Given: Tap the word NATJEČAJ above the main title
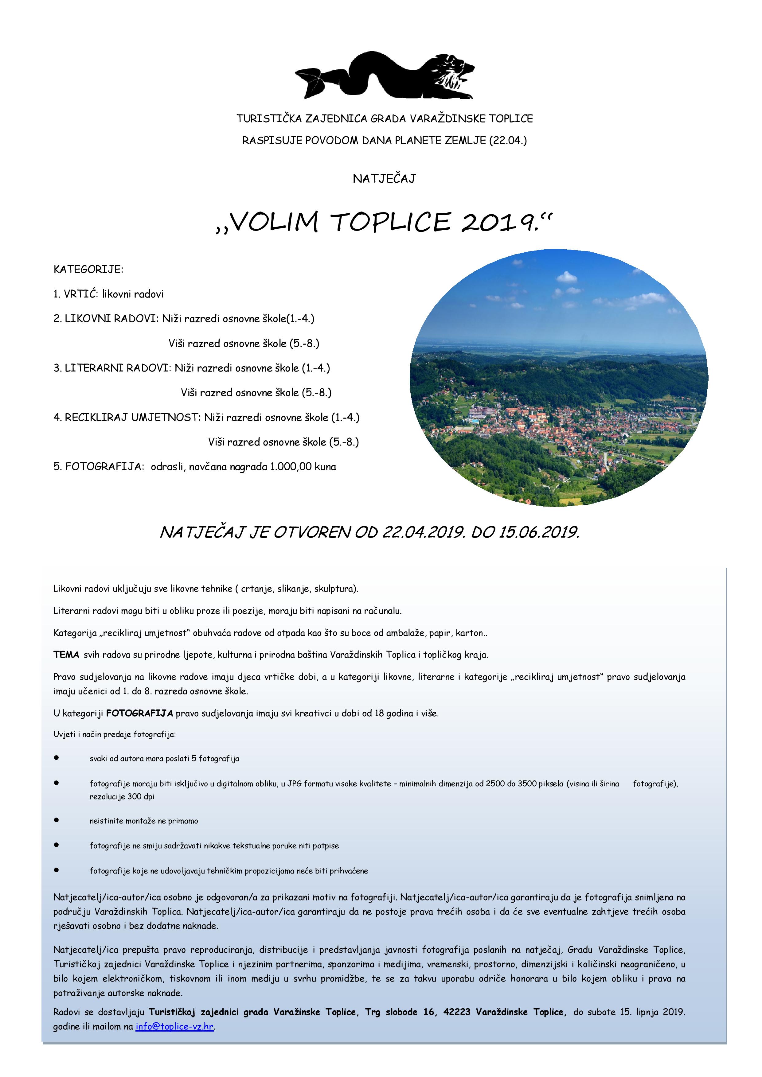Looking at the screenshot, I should (384, 179).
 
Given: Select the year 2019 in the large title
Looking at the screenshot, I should (498, 222).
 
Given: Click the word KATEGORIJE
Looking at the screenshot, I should (88, 270).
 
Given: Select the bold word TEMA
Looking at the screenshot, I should (66, 655).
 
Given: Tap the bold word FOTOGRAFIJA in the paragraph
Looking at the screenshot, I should (139, 713).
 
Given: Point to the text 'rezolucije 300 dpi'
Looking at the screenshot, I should (122, 796).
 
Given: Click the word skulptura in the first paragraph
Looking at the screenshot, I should (335, 589).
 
